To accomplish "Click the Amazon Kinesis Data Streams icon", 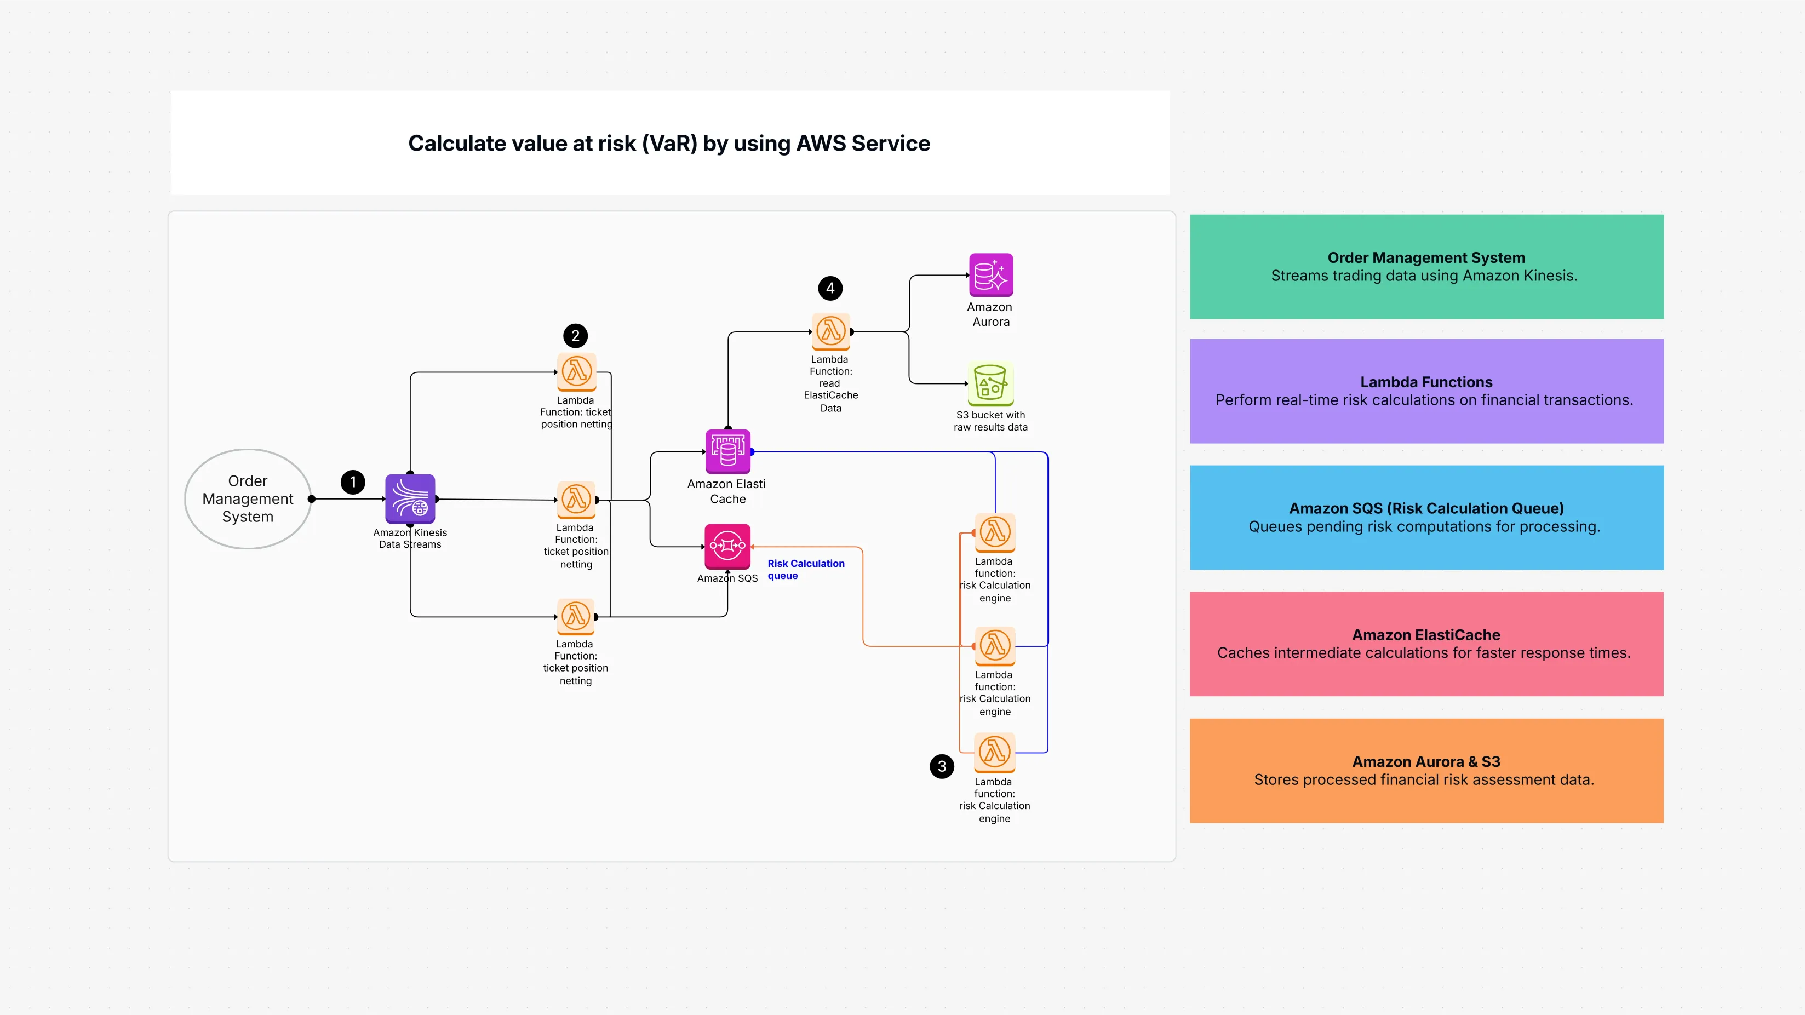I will [x=410, y=499].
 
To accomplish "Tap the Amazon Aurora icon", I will [x=991, y=276].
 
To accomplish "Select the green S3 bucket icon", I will [x=990, y=383].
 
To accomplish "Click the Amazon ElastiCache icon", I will [x=727, y=452].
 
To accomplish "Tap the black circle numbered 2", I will [x=575, y=336].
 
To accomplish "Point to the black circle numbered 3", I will [x=942, y=766].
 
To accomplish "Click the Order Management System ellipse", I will [x=248, y=499].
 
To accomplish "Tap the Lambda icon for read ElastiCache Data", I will [x=831, y=331].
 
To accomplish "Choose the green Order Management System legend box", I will [x=1426, y=267].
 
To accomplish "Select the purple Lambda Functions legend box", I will [x=1426, y=392].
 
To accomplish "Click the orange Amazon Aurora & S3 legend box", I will [x=1426, y=771].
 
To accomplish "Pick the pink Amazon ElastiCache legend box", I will [x=1426, y=644].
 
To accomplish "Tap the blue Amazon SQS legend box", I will [x=1426, y=518].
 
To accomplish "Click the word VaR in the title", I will [x=669, y=144].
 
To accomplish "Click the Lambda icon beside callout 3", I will [x=994, y=752].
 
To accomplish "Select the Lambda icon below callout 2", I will [x=576, y=372].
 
